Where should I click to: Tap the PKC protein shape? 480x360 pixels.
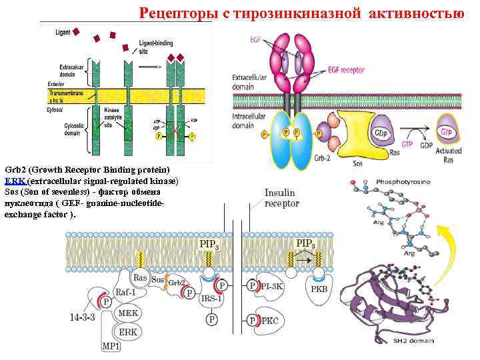point(269,321)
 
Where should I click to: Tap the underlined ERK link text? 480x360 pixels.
point(13,181)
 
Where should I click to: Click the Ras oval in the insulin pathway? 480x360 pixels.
point(140,277)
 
